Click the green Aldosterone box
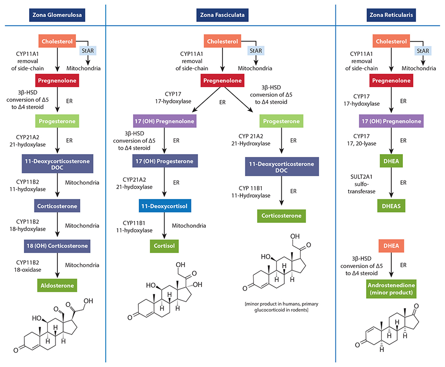pyautogui.click(x=57, y=285)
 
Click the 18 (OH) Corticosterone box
pyautogui.click(x=57, y=246)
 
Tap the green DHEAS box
pyautogui.click(x=391, y=206)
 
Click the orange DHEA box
pyautogui.click(x=391, y=247)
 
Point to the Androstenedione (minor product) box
pyautogui.click(x=391, y=289)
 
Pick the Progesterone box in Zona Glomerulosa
pyautogui.click(x=57, y=121)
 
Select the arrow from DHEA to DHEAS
pyautogui.click(x=391, y=183)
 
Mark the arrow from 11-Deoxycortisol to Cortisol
pyautogui.click(x=165, y=226)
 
